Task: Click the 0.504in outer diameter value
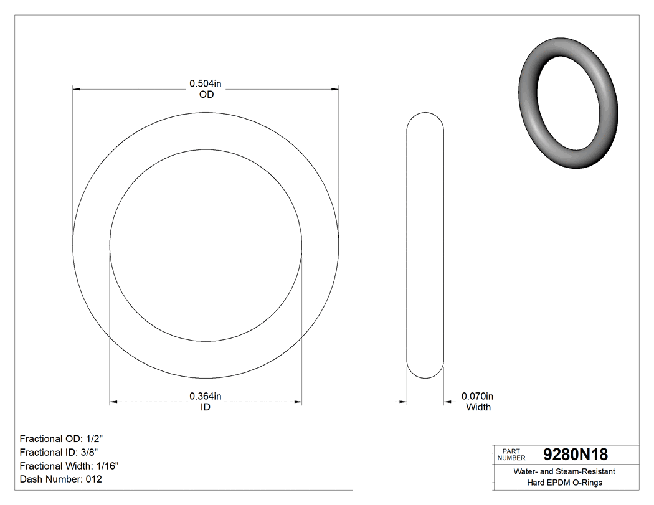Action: [206, 83]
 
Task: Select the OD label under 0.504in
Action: [206, 95]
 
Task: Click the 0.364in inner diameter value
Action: [206, 396]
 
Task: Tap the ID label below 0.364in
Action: [206, 407]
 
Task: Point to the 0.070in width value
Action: [477, 396]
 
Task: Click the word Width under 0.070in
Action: [478, 407]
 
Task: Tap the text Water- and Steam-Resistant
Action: [564, 472]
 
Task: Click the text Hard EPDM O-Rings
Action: [564, 483]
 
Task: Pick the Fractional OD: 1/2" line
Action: [61, 438]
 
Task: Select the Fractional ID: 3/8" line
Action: [59, 452]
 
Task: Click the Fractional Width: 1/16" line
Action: [69, 466]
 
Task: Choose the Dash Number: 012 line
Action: [60, 479]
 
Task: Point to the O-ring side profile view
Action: [425, 245]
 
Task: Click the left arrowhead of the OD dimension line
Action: [77, 90]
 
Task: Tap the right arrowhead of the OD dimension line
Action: [335, 90]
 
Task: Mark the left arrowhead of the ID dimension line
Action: [113, 402]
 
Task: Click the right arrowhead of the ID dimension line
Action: [298, 402]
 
